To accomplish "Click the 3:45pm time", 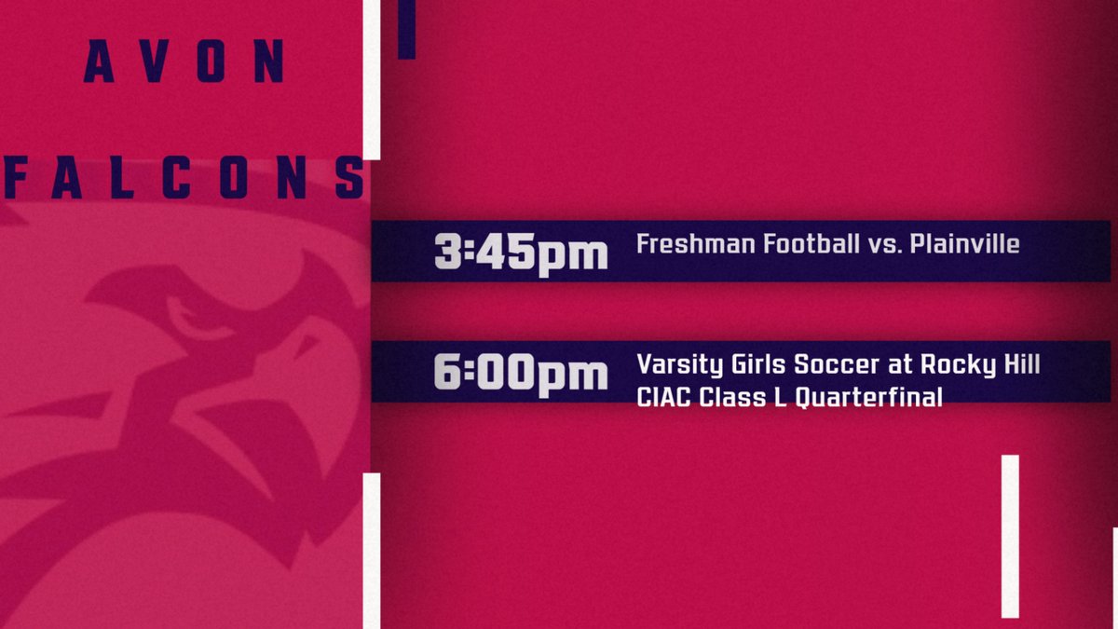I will click(521, 253).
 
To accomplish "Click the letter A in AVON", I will click(99, 63).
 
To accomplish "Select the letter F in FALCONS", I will click(16, 177).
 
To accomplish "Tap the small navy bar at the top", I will click(406, 29).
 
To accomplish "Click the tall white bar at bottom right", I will click(1010, 536).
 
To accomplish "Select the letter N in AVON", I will click(270, 63).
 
